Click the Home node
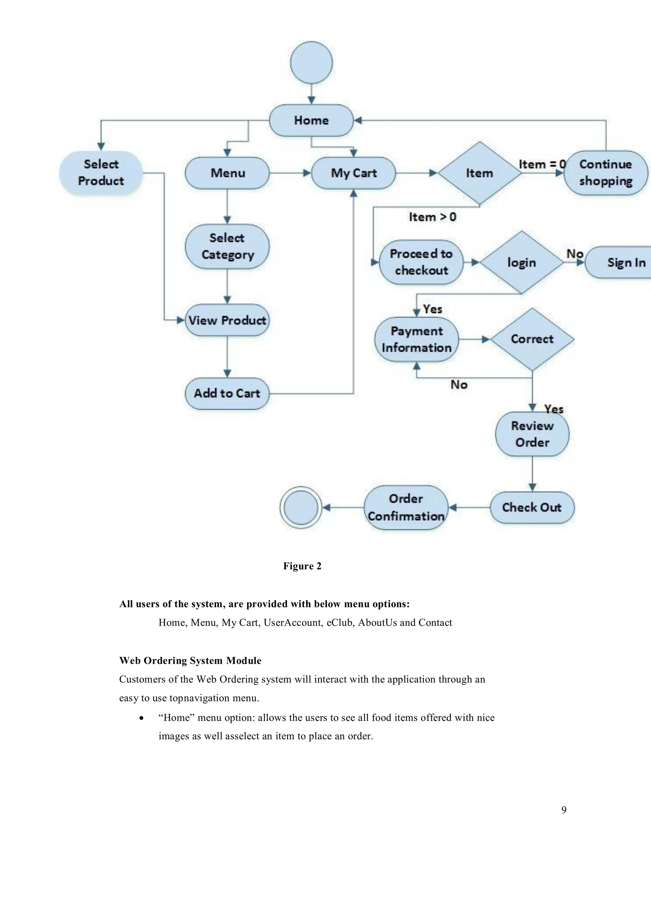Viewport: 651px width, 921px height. pos(311,120)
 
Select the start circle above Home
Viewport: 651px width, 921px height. pos(311,63)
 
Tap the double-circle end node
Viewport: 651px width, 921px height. pos(300,507)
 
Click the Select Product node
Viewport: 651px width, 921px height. pos(101,173)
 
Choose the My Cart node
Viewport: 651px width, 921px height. pos(353,173)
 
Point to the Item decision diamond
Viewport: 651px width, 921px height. pos(479,173)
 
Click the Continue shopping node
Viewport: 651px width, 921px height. pos(605,173)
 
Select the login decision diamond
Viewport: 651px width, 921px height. pos(521,262)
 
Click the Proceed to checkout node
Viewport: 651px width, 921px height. pos(421,262)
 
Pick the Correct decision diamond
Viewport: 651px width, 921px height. pos(532,339)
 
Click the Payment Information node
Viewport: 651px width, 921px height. pos(416,339)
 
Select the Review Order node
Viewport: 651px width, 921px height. pos(532,434)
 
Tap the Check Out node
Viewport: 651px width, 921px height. pos(532,507)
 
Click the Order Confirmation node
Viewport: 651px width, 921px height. pos(406,507)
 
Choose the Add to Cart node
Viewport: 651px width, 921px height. pos(227,394)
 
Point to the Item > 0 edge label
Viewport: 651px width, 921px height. pos(432,217)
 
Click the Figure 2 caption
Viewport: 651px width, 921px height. pos(302,566)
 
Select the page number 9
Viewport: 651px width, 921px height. pos(564,810)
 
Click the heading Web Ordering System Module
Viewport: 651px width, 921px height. pos(190,661)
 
